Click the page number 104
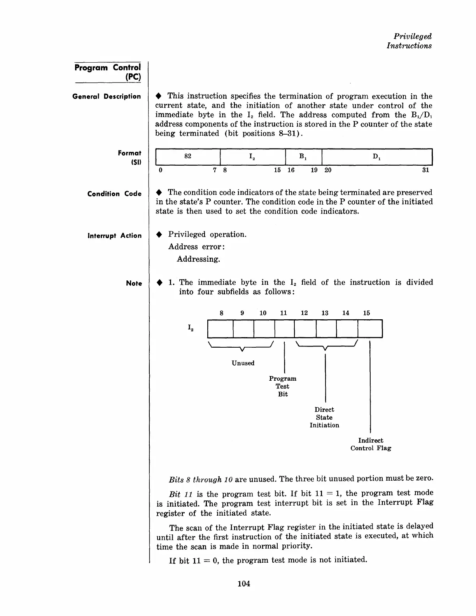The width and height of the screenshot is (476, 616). [243, 583]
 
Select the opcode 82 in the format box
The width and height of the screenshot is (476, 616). [188, 156]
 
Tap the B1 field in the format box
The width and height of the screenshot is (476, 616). [303, 157]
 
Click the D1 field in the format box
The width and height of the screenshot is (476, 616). [377, 157]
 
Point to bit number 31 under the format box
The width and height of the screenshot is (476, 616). [425, 170]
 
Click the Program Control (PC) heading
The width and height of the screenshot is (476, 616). [108, 72]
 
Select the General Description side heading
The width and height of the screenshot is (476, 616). [107, 96]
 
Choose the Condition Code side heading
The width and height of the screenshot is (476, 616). [114, 194]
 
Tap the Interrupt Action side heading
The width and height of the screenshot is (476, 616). [114, 236]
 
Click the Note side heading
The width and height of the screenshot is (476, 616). [134, 283]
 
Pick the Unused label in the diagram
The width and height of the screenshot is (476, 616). [243, 363]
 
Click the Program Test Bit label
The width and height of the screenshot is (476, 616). [283, 386]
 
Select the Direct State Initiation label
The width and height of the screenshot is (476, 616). [324, 417]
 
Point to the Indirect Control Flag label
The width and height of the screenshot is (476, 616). [371, 444]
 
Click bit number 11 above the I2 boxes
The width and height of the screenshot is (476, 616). [283, 313]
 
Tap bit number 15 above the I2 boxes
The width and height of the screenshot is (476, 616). [366, 313]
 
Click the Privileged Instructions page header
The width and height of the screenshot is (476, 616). [409, 41]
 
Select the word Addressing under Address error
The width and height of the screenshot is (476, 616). [198, 259]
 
